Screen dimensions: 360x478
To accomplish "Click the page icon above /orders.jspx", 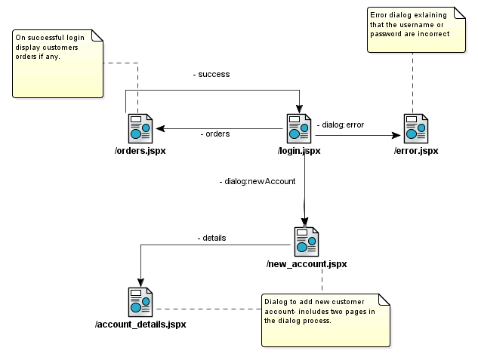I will [140, 128].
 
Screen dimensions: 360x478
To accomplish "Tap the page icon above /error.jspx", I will [416, 128].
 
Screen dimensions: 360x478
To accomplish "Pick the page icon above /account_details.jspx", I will [140, 302].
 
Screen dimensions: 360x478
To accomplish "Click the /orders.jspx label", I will [140, 151].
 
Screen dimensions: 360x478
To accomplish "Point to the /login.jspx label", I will [299, 151].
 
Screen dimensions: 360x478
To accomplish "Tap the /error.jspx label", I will [416, 151].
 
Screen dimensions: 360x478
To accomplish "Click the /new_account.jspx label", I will [307, 264].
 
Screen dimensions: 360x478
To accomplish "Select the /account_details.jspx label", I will [140, 325].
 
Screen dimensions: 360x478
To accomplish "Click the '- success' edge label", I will [211, 75].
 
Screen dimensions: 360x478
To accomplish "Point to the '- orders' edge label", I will [215, 134].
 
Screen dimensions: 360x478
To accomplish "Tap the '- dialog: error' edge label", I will [341, 124].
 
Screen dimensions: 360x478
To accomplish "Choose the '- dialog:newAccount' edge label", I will [258, 182].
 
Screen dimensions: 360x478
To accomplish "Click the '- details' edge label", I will [211, 238].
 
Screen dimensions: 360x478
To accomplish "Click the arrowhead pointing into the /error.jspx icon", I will [397, 136].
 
